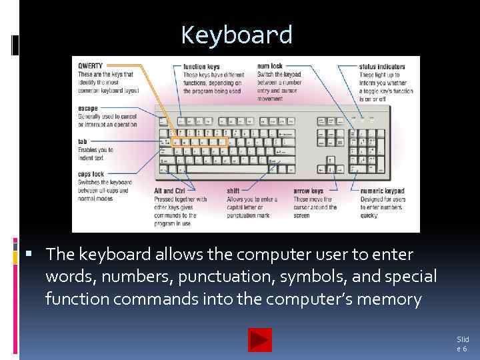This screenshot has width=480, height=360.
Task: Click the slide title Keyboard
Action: (237, 35)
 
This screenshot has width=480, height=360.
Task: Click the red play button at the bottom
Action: (259, 340)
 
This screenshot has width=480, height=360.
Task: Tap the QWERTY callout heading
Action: (90, 65)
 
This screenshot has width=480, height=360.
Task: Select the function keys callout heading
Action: (201, 66)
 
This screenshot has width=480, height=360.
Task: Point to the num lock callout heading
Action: (270, 66)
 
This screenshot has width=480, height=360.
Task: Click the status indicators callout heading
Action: (382, 66)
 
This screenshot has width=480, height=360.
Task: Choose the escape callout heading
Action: (87, 108)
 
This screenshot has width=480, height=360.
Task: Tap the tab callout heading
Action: (82, 141)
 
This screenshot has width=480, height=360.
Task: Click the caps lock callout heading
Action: (90, 175)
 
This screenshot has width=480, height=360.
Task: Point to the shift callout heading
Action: (233, 191)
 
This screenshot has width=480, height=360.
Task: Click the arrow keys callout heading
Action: (308, 191)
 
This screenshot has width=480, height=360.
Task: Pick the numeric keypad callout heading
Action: (382, 191)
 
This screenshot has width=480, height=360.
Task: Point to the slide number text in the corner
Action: (462, 344)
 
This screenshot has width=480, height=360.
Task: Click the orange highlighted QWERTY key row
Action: (199, 142)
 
